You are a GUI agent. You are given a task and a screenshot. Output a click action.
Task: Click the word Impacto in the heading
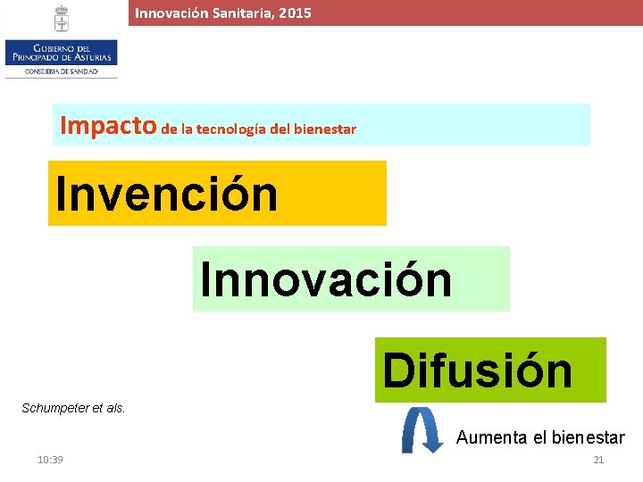coord(108,126)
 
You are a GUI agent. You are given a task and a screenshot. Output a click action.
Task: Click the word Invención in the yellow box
coord(167,194)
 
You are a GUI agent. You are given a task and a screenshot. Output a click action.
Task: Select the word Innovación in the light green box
coord(326,279)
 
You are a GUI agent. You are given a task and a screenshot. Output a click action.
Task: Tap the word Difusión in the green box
coord(478,370)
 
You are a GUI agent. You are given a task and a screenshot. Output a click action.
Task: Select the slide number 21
coord(598,460)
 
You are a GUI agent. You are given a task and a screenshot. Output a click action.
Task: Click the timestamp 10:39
coord(50,460)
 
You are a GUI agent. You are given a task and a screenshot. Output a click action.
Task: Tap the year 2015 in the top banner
coord(295,13)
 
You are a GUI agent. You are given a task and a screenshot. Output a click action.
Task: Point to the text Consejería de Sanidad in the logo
coord(61,71)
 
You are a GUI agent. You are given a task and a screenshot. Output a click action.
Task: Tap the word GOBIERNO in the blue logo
coord(52,47)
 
